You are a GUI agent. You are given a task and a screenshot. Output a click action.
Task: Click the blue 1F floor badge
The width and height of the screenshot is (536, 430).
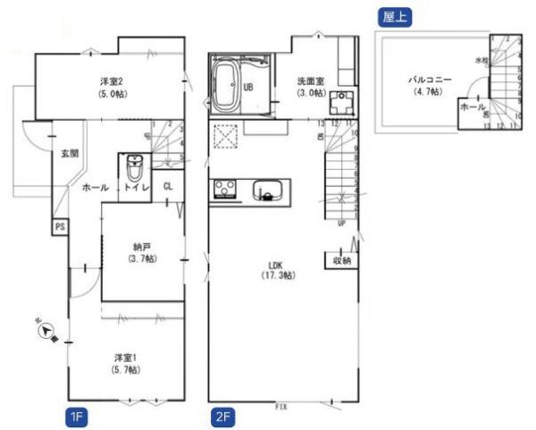click(x=77, y=416)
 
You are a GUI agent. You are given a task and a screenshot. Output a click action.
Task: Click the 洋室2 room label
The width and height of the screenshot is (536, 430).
click(x=111, y=86)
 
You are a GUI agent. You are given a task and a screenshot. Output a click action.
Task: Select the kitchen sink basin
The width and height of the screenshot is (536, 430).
click(x=268, y=191)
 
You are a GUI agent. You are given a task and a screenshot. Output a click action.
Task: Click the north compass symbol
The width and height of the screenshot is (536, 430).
click(x=47, y=333)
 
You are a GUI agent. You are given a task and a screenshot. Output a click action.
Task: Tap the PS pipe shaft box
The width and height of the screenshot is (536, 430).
click(x=60, y=226)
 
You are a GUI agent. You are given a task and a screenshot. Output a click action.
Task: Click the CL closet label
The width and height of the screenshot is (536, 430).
click(x=169, y=187)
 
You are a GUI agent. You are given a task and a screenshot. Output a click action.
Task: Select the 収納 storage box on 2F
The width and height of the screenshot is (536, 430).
click(x=339, y=261)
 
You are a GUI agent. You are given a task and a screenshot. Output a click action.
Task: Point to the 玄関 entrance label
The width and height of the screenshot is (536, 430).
click(x=69, y=154)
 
